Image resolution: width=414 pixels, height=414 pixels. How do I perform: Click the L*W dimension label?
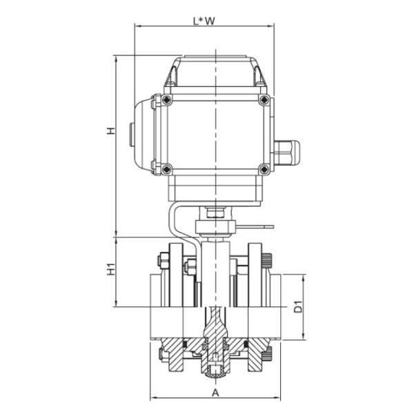204,21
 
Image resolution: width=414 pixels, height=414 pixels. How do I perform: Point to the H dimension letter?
110,130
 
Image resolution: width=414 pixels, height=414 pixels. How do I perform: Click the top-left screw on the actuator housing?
166,101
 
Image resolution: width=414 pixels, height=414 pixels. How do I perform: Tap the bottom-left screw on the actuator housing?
166,168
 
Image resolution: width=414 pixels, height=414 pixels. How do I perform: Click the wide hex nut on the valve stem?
215,226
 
